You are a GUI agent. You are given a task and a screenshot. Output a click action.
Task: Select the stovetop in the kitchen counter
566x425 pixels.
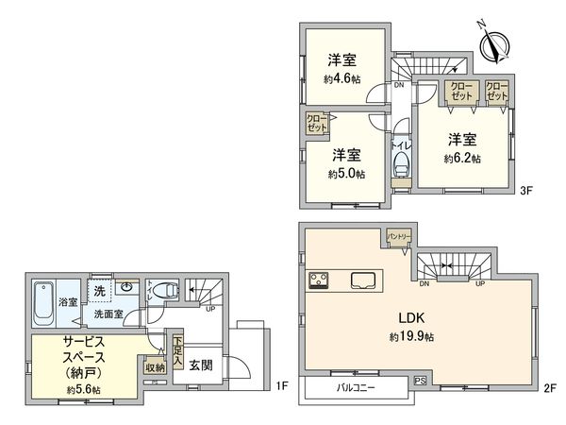(318, 280)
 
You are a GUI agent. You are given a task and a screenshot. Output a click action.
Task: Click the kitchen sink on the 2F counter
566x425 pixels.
(363, 280)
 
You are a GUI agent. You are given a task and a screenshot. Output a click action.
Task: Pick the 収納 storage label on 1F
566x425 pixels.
(155, 367)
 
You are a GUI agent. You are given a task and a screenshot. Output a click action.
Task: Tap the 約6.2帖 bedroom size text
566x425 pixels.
(462, 158)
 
